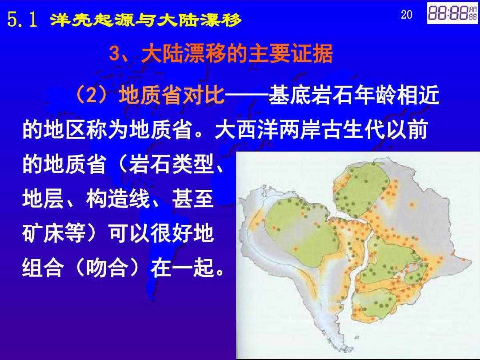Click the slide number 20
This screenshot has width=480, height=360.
tap(407, 14)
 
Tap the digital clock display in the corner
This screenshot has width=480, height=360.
tap(452, 13)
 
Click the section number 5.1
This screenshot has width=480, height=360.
tap(22, 20)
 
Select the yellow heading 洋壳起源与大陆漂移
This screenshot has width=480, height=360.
tap(146, 20)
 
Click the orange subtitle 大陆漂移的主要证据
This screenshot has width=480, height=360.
tap(237, 54)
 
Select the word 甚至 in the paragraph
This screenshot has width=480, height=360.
tap(192, 199)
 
